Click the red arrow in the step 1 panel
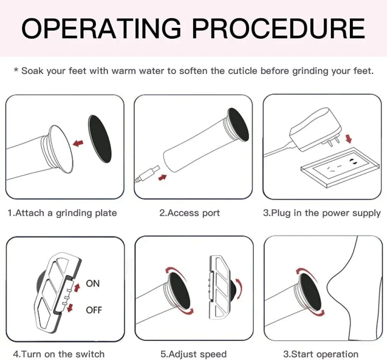point(79,143)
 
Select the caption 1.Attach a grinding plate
point(62,213)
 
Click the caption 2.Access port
point(190,213)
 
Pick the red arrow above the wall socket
point(349,138)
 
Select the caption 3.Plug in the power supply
point(322,213)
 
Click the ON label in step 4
point(93,283)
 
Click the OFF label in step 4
point(94,310)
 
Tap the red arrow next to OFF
point(70,308)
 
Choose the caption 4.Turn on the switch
point(59,354)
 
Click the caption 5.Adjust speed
point(193,354)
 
